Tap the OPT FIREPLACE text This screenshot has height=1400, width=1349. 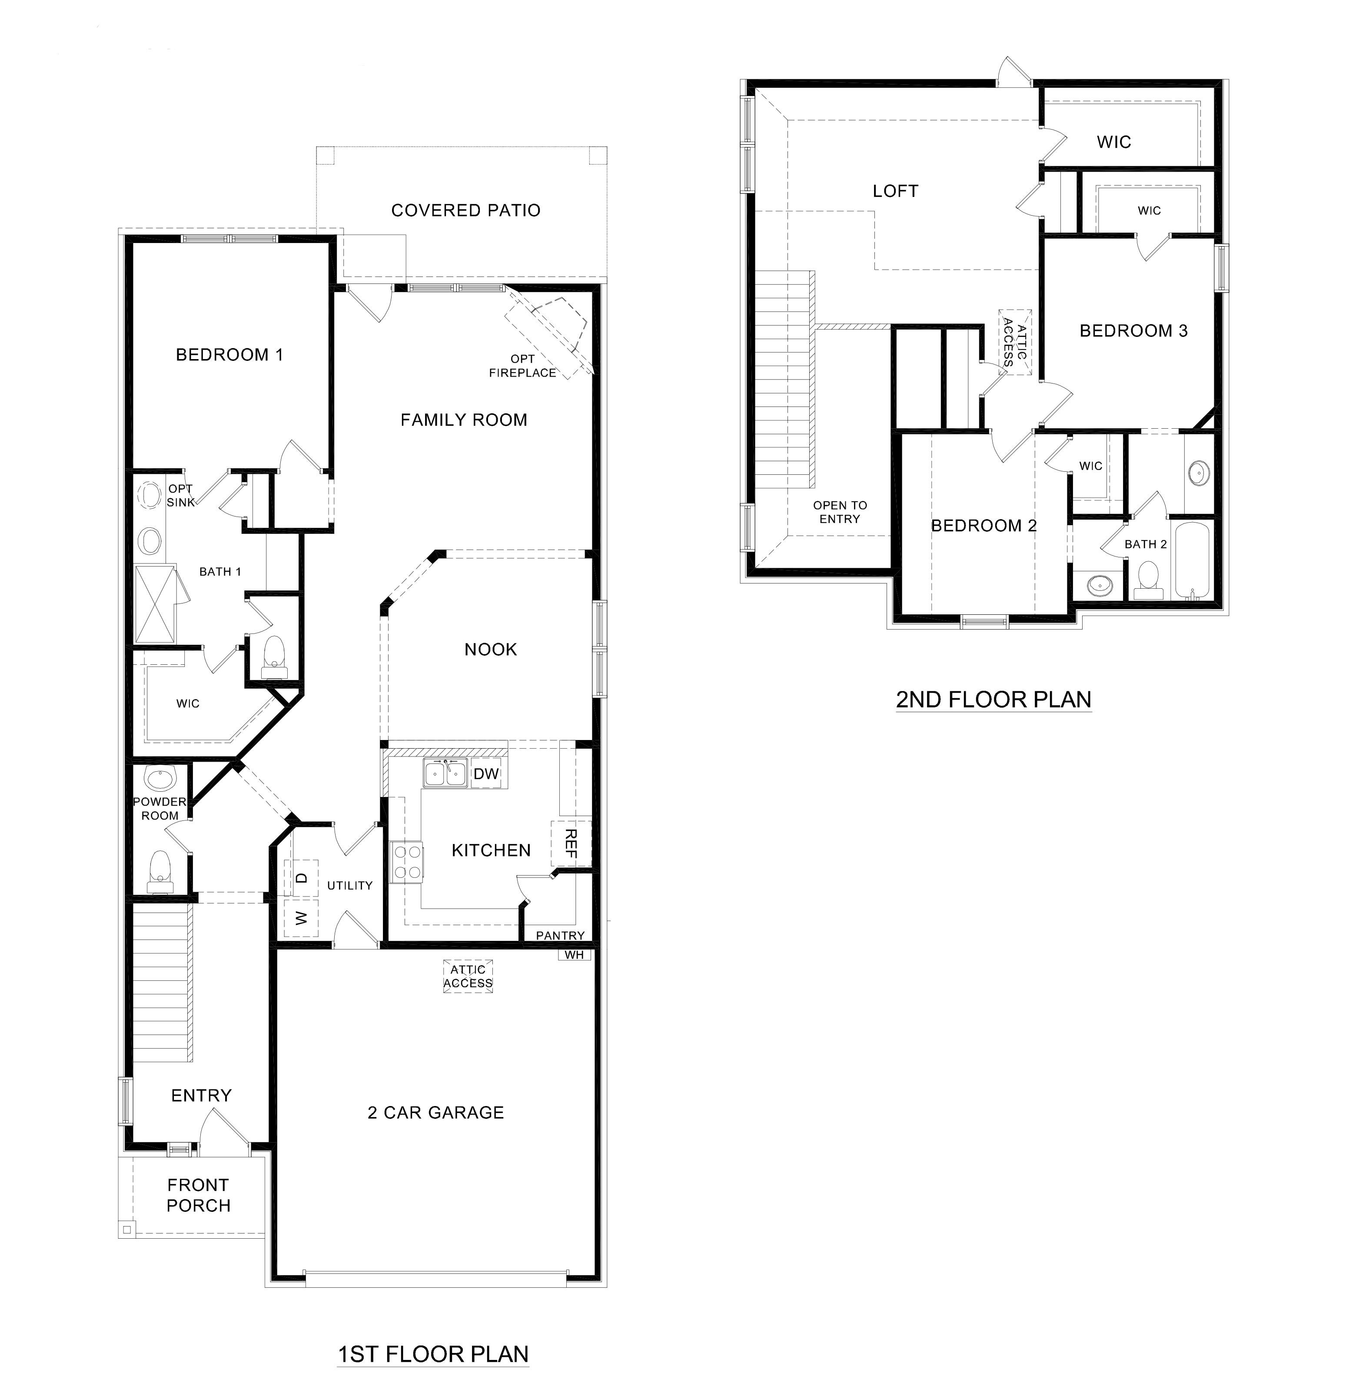[523, 366]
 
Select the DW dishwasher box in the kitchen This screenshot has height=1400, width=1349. [486, 773]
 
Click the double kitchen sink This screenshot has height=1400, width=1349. [445, 773]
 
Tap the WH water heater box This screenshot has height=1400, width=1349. [574, 955]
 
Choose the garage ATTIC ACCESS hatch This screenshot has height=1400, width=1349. [468, 977]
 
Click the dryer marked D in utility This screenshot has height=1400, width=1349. [301, 878]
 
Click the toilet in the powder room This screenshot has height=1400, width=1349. [160, 871]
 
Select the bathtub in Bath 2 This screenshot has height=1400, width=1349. [1191, 561]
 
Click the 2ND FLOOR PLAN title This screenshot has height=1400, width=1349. [993, 699]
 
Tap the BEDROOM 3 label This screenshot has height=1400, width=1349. [1133, 331]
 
